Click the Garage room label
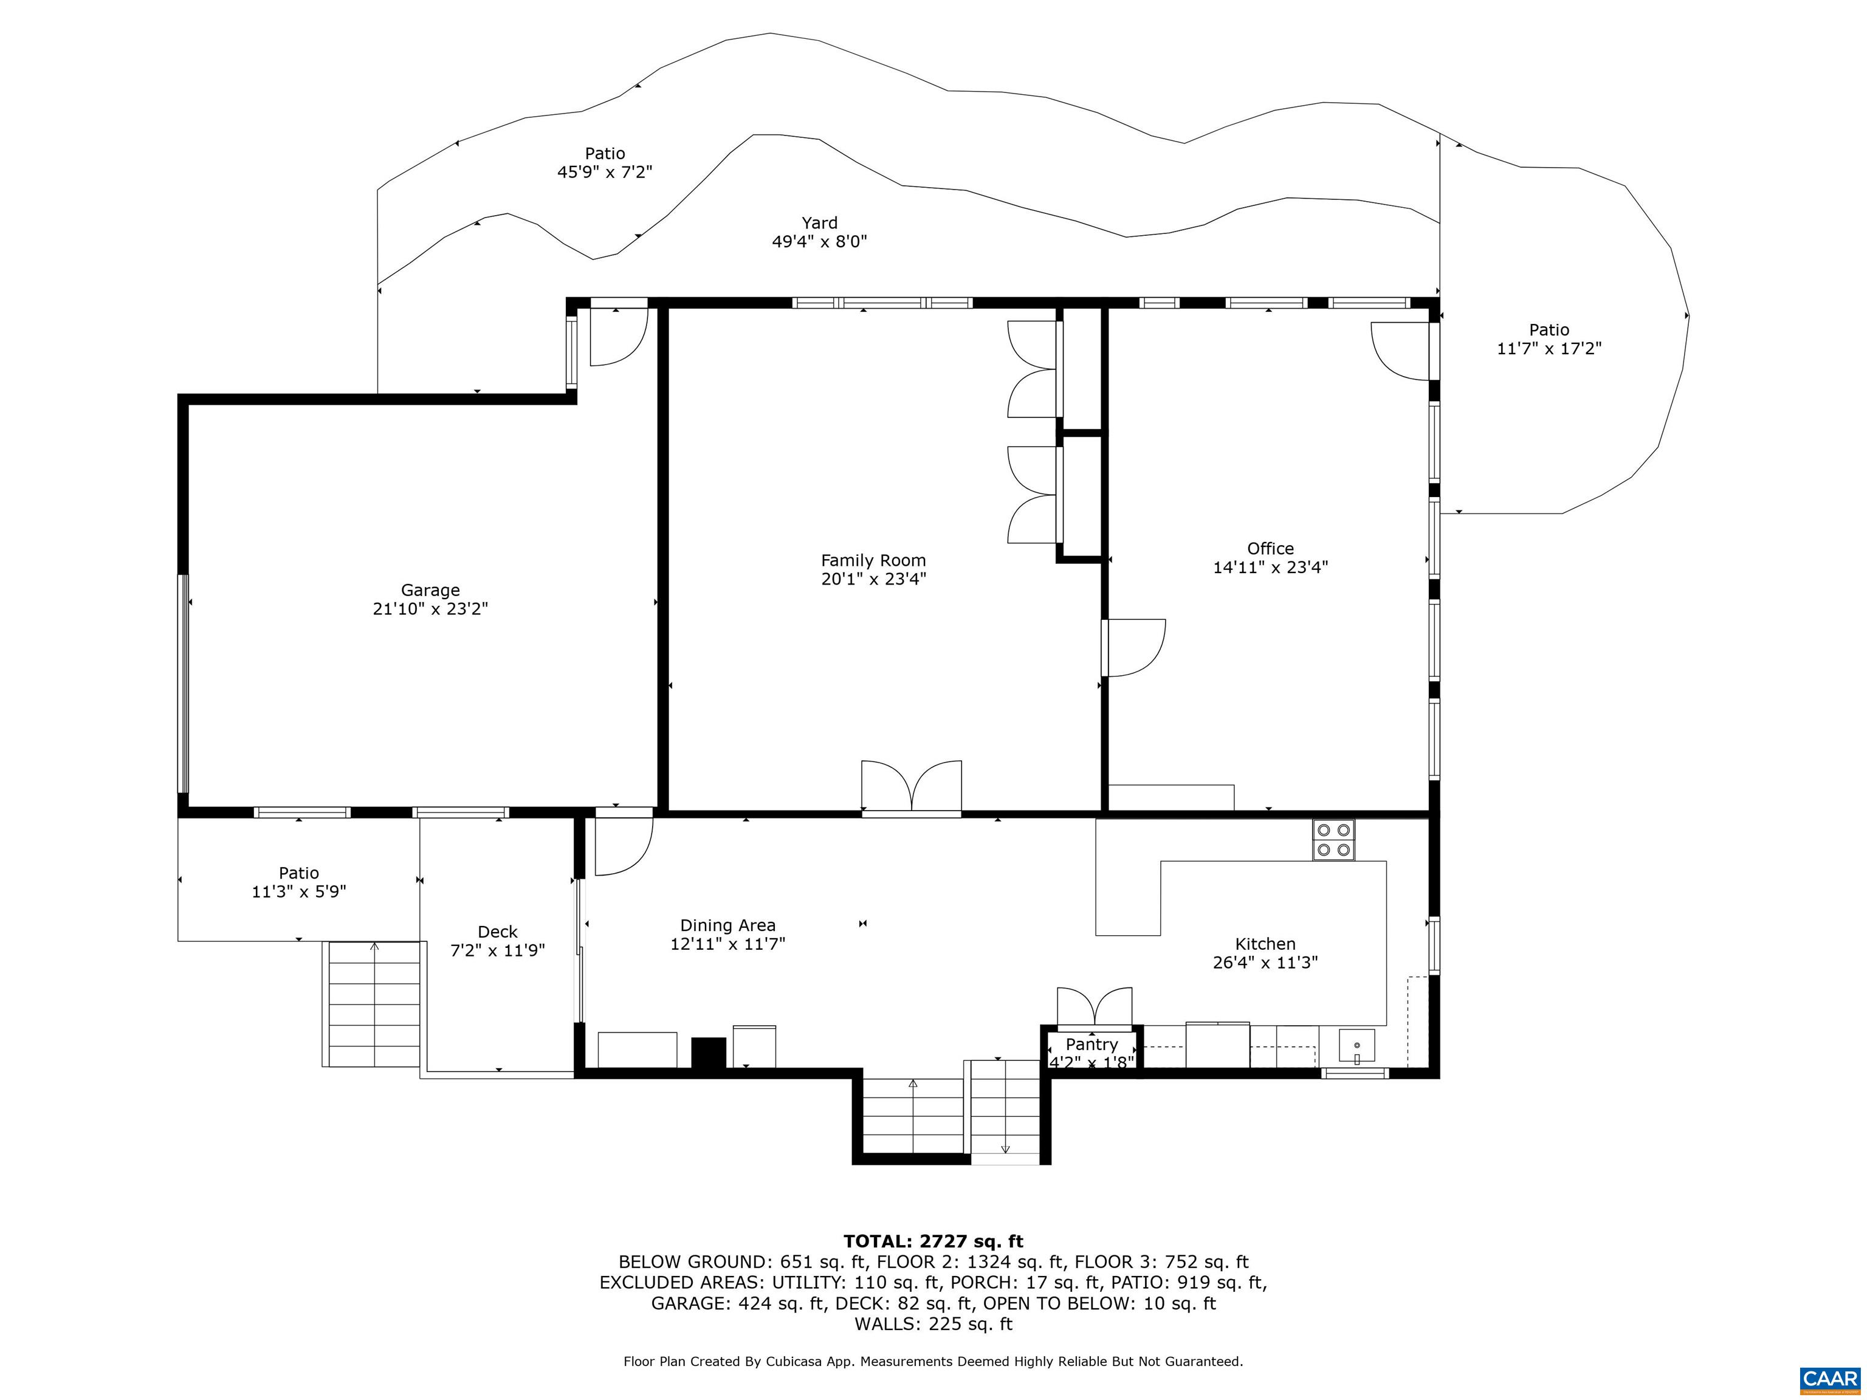[x=430, y=590]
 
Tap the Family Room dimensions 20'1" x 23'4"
[x=873, y=579]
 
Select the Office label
[x=1270, y=549]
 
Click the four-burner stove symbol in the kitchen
[x=1333, y=840]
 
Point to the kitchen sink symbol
[x=1356, y=1046]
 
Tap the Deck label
[x=497, y=932]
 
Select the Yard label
[x=819, y=223]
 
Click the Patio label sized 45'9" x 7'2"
[x=604, y=154]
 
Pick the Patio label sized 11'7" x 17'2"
[x=1549, y=330]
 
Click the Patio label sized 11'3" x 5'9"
[x=299, y=873]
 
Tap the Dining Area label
[x=727, y=926]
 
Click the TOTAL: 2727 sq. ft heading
[x=933, y=1241]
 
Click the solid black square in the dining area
[x=708, y=1052]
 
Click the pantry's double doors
[x=1094, y=1007]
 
